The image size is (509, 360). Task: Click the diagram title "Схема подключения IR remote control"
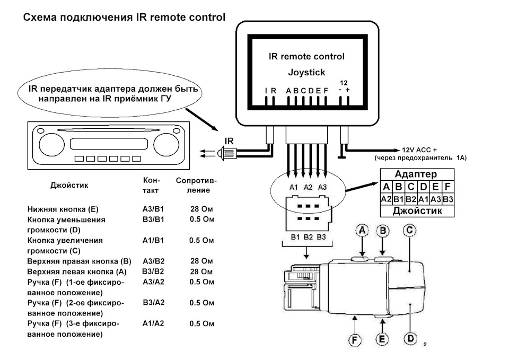[x=124, y=17]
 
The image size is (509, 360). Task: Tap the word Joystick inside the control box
[x=306, y=72]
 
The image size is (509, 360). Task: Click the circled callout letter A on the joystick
[x=363, y=231]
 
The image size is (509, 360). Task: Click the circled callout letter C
[x=410, y=231]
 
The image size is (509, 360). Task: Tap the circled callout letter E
[x=382, y=338]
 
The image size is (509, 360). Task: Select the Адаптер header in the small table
[x=416, y=174]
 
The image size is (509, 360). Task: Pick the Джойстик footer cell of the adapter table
[x=416, y=211]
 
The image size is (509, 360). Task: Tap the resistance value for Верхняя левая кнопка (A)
[x=201, y=271]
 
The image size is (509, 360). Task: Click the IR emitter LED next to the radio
[x=229, y=154]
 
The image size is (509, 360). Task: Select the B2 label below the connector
[x=309, y=236]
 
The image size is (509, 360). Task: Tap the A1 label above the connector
[x=294, y=187]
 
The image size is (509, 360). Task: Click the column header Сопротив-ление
[x=196, y=185]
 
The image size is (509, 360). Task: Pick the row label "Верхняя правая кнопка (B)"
[x=79, y=261]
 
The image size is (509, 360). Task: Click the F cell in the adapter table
[x=448, y=187]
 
